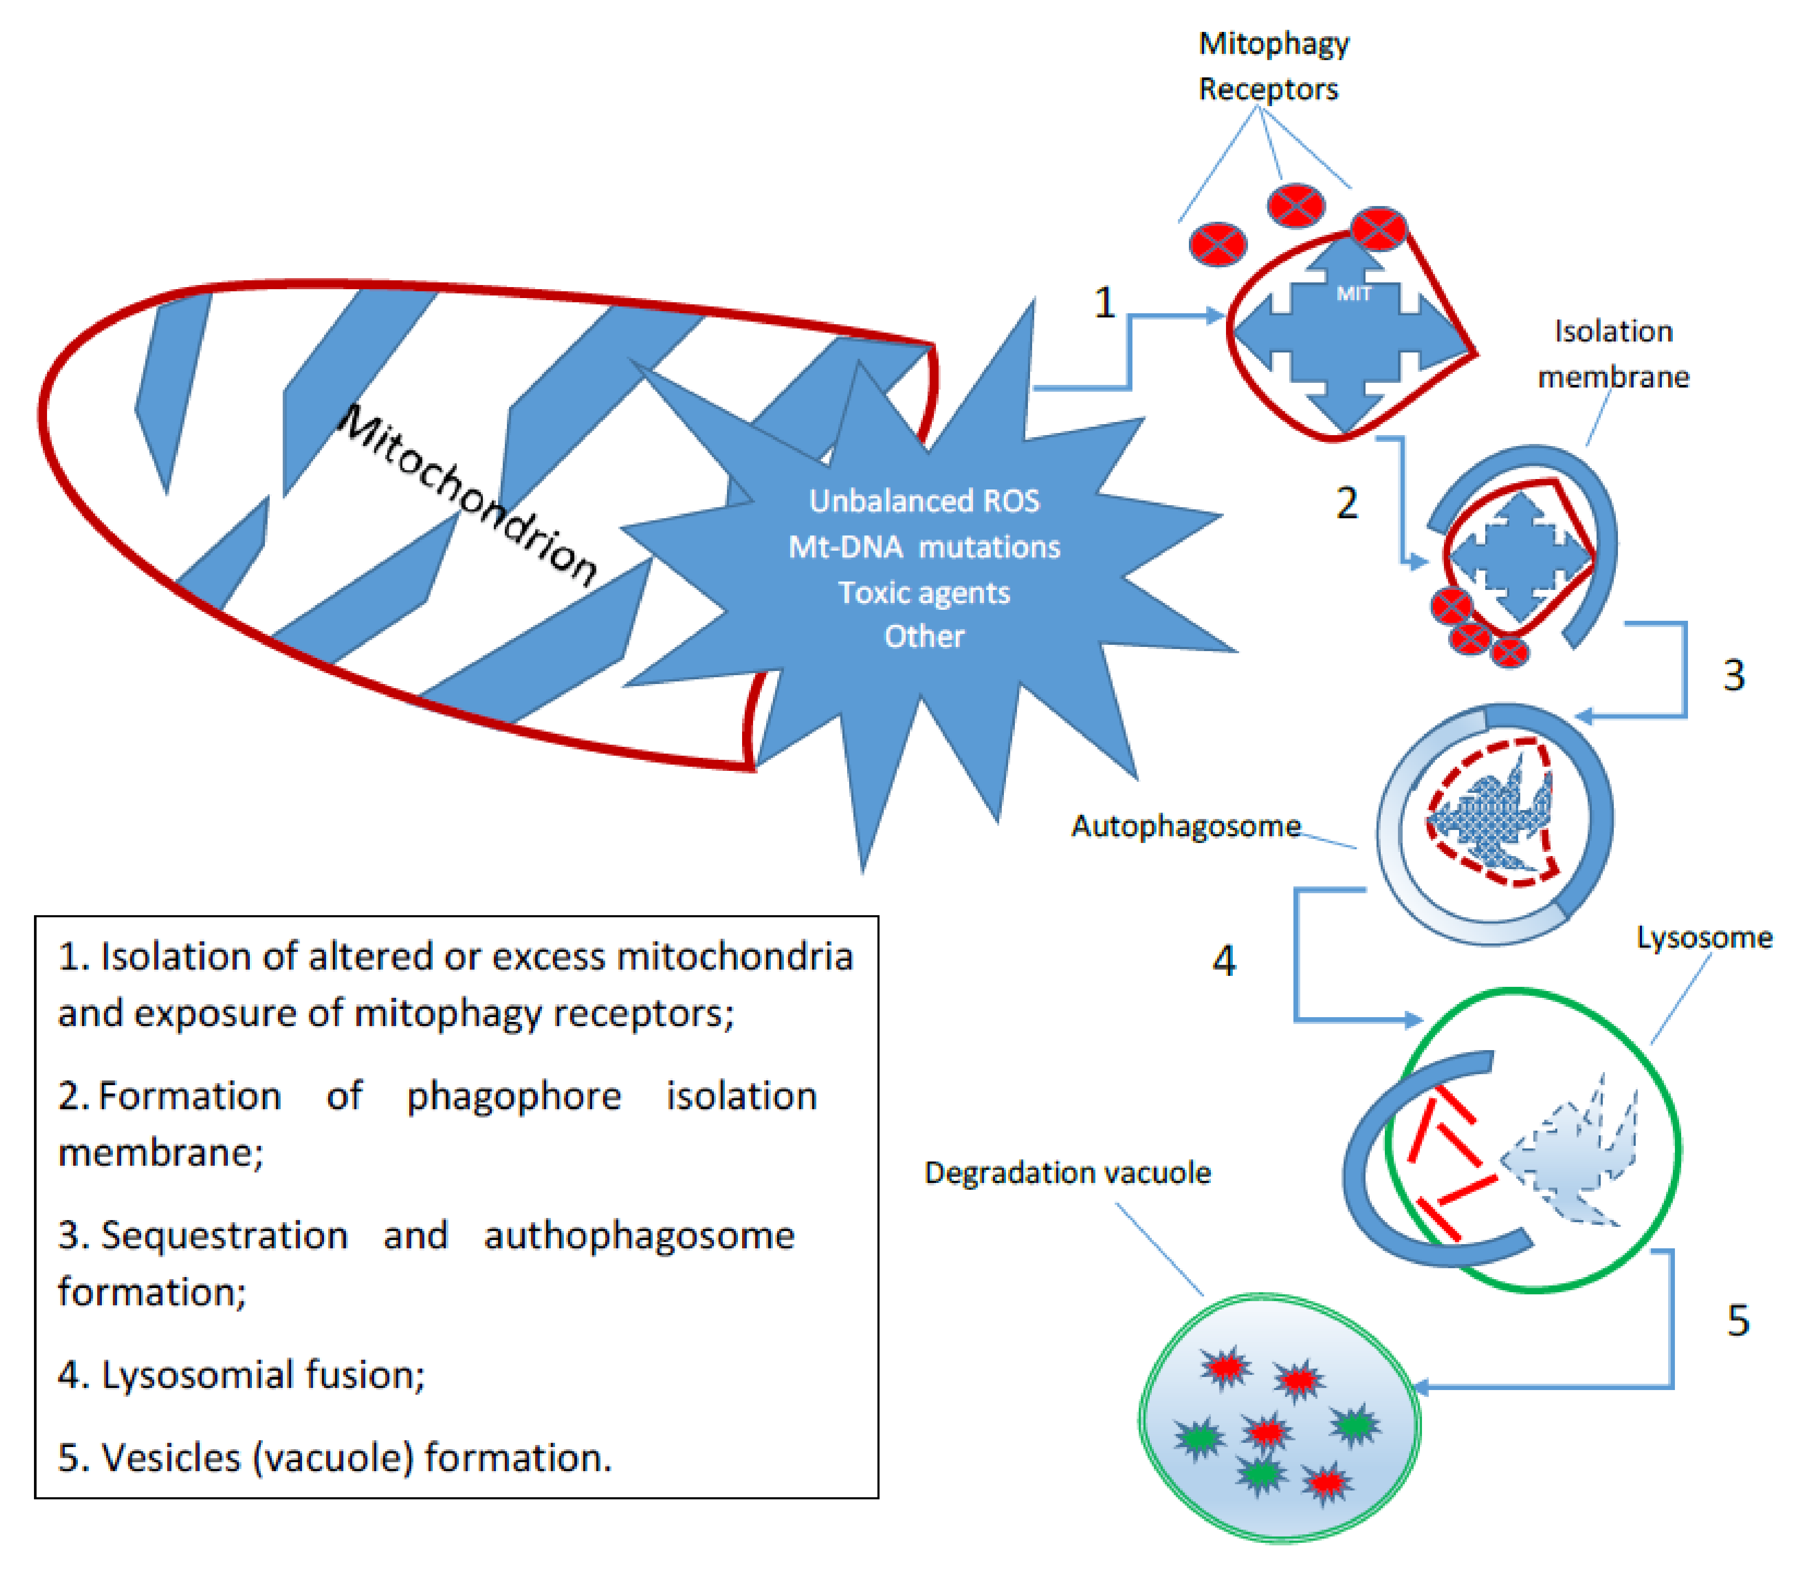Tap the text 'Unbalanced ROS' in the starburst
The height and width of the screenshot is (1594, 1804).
(x=924, y=500)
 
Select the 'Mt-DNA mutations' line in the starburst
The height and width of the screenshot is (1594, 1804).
(x=924, y=546)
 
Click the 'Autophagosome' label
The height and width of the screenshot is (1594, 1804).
(x=1185, y=826)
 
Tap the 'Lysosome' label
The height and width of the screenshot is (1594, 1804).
(x=1703, y=937)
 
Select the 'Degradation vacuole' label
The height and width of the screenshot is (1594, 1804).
(x=1067, y=1173)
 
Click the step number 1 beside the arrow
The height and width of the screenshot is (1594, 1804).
(x=1104, y=303)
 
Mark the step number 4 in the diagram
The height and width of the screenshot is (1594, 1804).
(x=1223, y=961)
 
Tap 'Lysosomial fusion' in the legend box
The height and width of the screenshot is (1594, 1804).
(x=263, y=1375)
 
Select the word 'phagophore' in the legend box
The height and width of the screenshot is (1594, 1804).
(x=514, y=1096)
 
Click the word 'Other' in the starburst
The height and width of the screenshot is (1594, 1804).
(x=924, y=636)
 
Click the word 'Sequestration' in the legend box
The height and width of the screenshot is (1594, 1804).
(x=224, y=1235)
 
